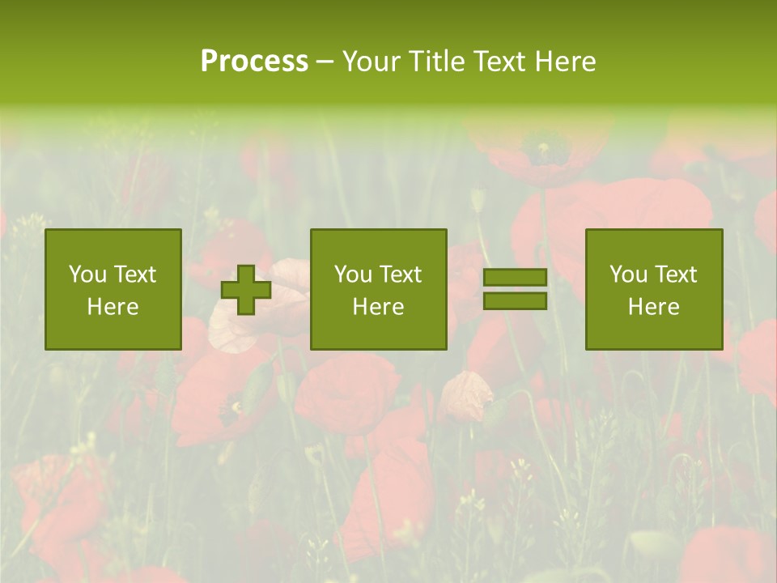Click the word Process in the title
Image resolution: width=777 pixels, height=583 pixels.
254,62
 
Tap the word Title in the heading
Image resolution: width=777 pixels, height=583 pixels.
436,62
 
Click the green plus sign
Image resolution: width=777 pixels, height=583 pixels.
246,290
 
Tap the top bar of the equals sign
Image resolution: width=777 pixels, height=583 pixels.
515,277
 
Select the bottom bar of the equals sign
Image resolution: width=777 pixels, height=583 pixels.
515,301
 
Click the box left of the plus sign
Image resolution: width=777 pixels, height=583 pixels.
113,290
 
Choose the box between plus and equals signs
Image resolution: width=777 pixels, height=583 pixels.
379,290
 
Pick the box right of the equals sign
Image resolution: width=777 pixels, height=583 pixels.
654,290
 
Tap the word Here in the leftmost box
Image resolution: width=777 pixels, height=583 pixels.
113,307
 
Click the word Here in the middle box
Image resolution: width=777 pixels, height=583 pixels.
379,307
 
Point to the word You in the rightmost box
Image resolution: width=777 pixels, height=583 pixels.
628,274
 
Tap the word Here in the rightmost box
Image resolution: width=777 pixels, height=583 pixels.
654,307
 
